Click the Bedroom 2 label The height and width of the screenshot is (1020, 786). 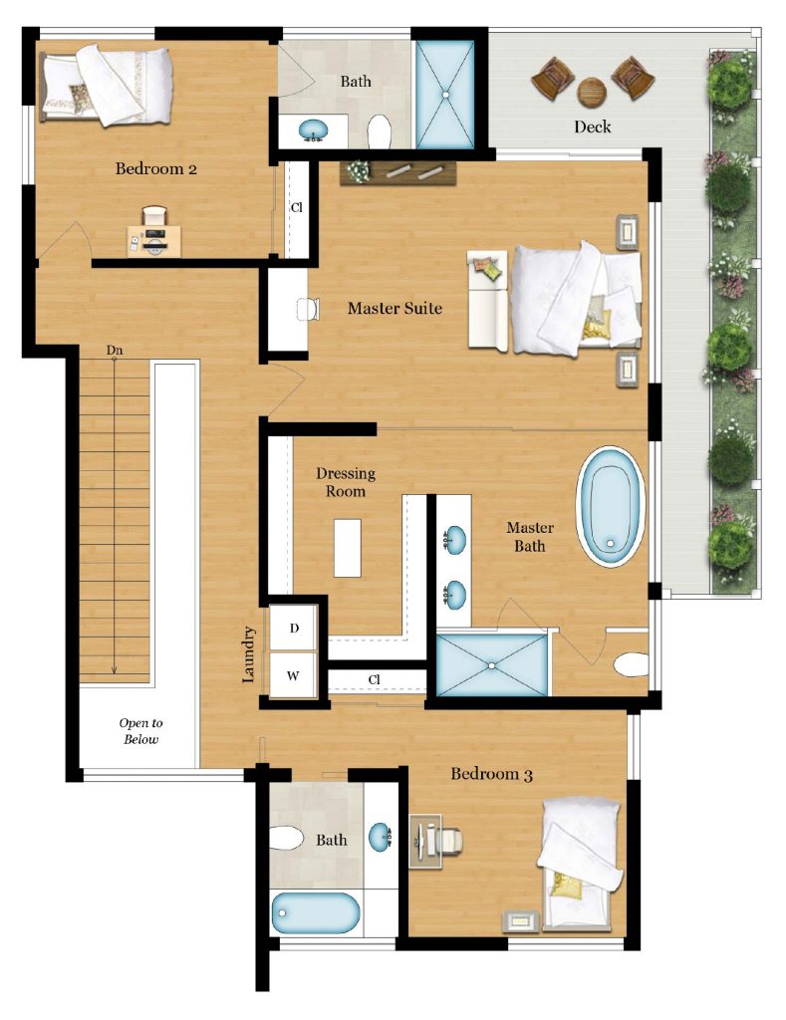tap(156, 169)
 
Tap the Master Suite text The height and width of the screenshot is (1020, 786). tap(394, 308)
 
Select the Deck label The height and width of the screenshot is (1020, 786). tap(592, 127)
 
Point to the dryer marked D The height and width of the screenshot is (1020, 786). tap(294, 628)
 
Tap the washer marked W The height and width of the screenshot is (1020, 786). tap(294, 675)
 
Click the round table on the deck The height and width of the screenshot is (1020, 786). tap(592, 92)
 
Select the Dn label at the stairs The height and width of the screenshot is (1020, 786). tap(115, 351)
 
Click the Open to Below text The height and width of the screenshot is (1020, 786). tap(140, 731)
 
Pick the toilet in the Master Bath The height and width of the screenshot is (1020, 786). tap(632, 664)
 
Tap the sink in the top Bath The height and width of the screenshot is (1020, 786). tap(314, 130)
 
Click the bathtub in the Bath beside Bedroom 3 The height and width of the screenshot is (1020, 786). tap(315, 912)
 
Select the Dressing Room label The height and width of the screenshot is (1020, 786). tap(346, 482)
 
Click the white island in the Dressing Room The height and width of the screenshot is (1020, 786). tap(348, 548)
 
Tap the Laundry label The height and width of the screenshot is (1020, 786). tap(248, 654)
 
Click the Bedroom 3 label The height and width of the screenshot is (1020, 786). tap(492, 774)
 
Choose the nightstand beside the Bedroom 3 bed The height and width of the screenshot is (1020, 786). tap(521, 921)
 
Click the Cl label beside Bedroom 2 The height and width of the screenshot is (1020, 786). tap(297, 207)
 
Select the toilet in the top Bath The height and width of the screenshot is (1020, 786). tap(379, 132)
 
